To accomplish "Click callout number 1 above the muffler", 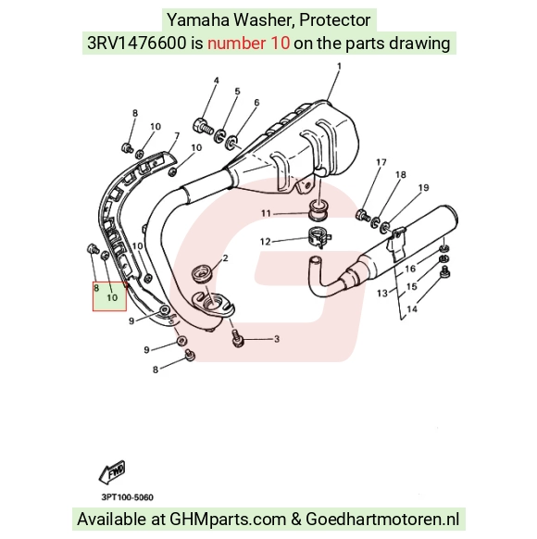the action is pos(339,66).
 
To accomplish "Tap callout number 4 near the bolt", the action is pos(216,81).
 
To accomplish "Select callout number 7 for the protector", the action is pos(177,136).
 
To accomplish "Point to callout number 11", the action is pos(266,213).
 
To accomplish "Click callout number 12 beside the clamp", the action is pos(265,242).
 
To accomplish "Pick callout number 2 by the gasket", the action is pos(225,257).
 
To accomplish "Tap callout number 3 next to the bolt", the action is pos(277,339).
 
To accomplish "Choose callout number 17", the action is pos(381,162).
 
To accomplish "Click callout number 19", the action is pos(424,188).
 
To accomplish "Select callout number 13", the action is pos(382,294).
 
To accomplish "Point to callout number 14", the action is pos(412,309).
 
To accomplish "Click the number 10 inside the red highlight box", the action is pos(112,297).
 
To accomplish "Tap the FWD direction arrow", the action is pos(112,471).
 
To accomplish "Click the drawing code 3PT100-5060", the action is pos(128,497).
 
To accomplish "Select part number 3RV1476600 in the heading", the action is pos(136,44).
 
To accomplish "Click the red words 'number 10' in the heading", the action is pos(248,44).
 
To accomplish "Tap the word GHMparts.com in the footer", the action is pos(228,519).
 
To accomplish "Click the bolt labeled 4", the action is pos(202,127).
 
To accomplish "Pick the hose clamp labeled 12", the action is pos(318,237).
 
